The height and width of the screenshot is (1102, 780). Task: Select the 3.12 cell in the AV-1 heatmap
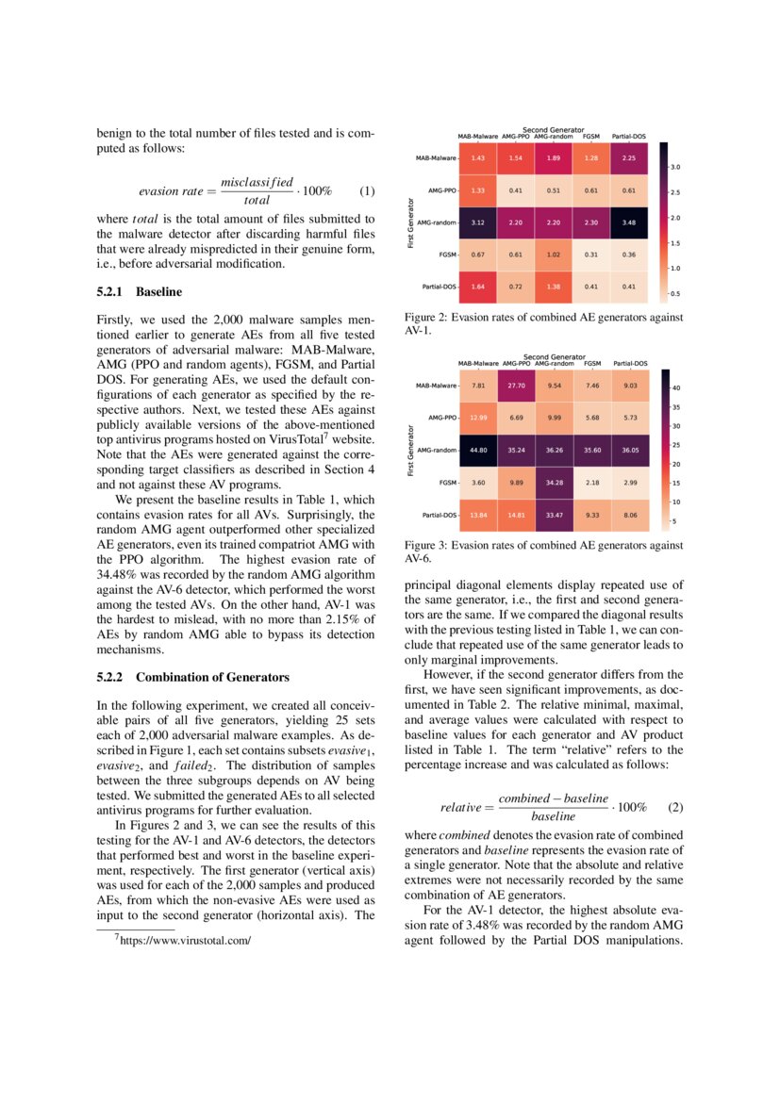(478, 222)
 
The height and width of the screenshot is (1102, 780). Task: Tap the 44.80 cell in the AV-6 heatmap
(478, 450)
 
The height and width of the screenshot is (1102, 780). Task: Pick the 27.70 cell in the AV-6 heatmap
(516, 386)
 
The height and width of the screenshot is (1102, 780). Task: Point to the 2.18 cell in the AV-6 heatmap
(592, 483)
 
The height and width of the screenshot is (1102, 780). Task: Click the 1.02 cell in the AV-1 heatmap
(554, 255)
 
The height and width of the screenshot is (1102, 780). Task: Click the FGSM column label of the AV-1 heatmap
(591, 137)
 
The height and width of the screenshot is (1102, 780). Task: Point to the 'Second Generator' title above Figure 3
(554, 356)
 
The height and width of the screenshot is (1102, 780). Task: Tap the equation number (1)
(368, 190)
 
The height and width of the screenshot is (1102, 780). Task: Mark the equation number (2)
(674, 808)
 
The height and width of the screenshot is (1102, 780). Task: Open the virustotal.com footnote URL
(183, 940)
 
